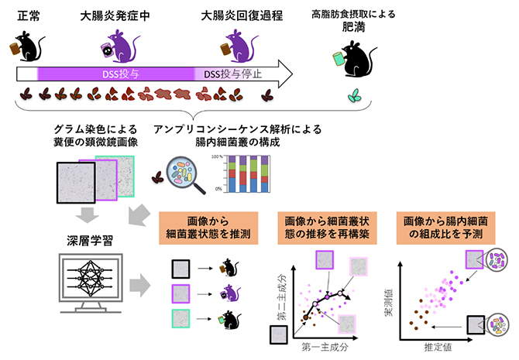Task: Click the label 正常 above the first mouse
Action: pyautogui.click(x=29, y=14)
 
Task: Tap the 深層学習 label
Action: pyautogui.click(x=80, y=234)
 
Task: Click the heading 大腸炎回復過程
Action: pyautogui.click(x=233, y=14)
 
